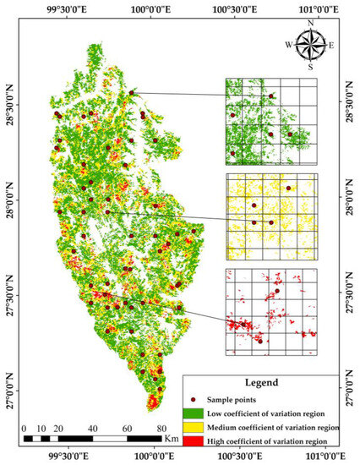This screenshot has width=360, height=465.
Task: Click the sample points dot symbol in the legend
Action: coord(194,399)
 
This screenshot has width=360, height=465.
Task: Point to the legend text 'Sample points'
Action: coord(229,399)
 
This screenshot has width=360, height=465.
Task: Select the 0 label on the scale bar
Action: coord(26,429)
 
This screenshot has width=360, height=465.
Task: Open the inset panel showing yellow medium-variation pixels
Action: coord(270,216)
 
